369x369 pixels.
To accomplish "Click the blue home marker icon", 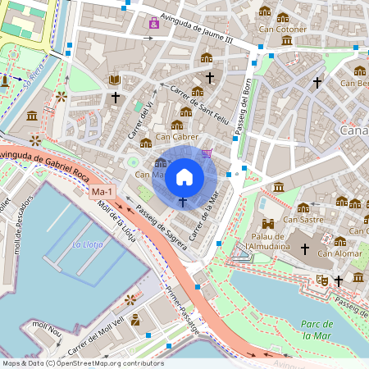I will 184,176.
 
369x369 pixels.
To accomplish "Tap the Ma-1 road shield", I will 102,192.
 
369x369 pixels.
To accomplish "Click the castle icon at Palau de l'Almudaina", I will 267,223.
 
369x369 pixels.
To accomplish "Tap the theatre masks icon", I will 323,280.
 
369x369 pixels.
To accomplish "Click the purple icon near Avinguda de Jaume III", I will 153,23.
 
